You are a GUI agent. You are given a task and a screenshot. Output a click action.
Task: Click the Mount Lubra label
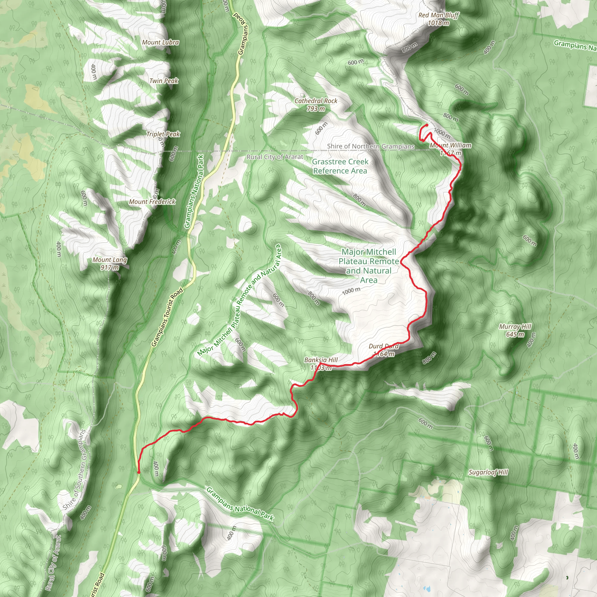click(160, 42)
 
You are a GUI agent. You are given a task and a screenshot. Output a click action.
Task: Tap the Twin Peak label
click(164, 81)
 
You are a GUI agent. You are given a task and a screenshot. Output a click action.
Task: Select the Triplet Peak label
click(163, 134)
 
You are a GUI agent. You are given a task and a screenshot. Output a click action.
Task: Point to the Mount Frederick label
click(152, 202)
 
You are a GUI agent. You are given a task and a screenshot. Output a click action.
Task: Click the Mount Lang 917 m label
click(110, 264)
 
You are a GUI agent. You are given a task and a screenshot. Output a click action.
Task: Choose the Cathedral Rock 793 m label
click(316, 104)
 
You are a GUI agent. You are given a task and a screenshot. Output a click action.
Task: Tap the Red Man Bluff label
click(438, 19)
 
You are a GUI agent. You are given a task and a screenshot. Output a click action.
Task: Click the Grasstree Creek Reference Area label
click(340, 166)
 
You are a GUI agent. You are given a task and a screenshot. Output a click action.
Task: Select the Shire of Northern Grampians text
click(371, 146)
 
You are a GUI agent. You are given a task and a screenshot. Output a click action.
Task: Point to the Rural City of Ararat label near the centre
click(275, 157)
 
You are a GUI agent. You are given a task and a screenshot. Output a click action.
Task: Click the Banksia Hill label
click(321, 364)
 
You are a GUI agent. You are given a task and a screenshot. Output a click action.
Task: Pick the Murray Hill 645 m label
click(515, 330)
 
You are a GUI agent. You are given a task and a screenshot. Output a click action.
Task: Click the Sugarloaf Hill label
click(488, 472)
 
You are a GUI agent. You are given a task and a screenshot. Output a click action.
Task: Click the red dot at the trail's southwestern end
click(138, 472)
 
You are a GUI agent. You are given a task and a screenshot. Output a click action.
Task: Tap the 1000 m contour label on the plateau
click(351, 291)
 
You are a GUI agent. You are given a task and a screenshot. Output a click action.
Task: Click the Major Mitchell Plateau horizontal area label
click(369, 266)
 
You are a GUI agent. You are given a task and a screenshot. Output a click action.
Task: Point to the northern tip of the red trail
click(427, 124)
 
